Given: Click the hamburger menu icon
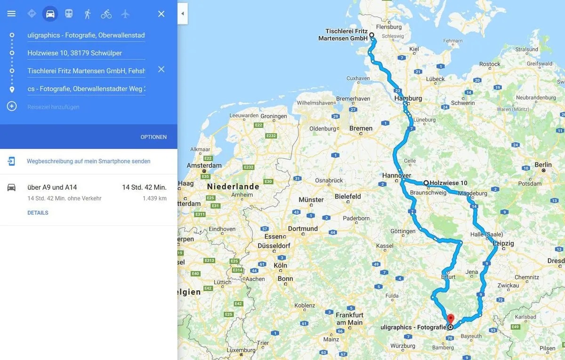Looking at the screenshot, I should [x=11, y=14].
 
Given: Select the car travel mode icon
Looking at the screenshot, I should [x=50, y=14].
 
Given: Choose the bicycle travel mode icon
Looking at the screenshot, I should [x=106, y=14].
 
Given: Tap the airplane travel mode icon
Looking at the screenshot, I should [x=125, y=14].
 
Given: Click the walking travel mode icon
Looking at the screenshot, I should [x=88, y=14].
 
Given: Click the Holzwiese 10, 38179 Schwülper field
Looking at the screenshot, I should [x=86, y=53].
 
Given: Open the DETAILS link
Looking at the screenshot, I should [x=38, y=213].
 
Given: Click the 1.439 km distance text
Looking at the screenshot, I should [x=154, y=198].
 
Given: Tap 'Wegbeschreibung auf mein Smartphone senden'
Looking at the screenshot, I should [x=89, y=161].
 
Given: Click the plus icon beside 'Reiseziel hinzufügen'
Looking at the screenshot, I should [x=12, y=106].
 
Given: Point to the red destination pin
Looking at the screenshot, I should [x=450, y=319].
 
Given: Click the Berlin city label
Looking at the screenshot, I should [x=543, y=165].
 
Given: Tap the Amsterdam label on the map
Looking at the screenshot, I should [x=204, y=165].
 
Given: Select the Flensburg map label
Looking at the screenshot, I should [x=388, y=27].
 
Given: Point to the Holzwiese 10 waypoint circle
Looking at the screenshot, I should [x=426, y=183].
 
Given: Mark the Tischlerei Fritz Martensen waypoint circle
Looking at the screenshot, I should [x=371, y=35].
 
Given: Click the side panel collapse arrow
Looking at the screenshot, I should [x=183, y=14].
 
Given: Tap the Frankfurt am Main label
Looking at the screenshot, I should [x=349, y=319].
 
